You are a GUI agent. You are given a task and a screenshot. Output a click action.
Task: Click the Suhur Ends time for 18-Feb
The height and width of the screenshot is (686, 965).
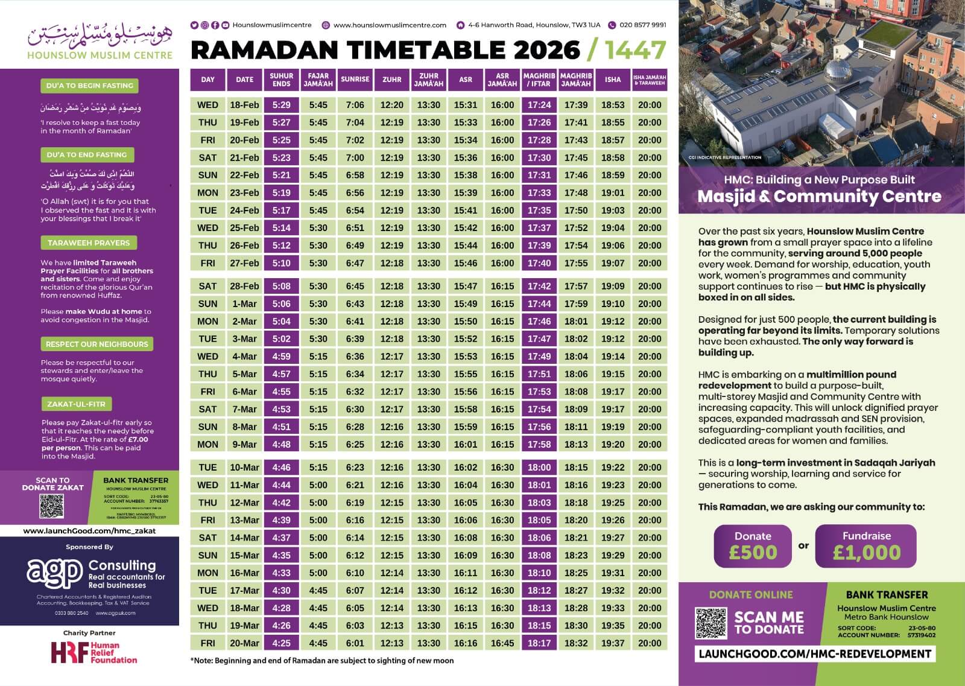pyautogui.click(x=281, y=105)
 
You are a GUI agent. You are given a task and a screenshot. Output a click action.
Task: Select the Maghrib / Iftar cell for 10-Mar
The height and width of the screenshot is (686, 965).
pyautogui.click(x=539, y=468)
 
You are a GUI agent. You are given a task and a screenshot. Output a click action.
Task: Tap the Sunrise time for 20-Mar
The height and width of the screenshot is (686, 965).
pyautogui.click(x=355, y=643)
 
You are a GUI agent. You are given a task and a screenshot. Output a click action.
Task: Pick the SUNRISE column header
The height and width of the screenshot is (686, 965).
pyautogui.click(x=355, y=80)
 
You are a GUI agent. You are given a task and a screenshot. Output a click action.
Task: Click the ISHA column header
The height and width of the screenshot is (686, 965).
pyautogui.click(x=613, y=80)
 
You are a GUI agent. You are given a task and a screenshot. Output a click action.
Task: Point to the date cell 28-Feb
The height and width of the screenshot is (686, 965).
pyautogui.click(x=244, y=287)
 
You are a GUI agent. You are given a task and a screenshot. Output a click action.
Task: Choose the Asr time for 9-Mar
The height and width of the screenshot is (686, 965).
pyautogui.click(x=466, y=445)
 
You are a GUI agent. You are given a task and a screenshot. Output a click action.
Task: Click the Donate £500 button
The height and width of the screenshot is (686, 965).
pyautogui.click(x=753, y=545)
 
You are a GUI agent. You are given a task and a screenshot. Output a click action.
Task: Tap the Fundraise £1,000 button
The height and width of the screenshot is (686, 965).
pyautogui.click(x=866, y=545)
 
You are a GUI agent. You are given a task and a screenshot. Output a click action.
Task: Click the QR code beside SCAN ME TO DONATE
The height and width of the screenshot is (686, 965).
pyautogui.click(x=712, y=623)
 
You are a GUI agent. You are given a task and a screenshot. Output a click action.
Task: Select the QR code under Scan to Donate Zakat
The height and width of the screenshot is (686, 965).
pyautogui.click(x=51, y=506)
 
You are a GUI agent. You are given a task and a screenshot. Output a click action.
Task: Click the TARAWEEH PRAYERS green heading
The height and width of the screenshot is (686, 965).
pyautogui.click(x=89, y=243)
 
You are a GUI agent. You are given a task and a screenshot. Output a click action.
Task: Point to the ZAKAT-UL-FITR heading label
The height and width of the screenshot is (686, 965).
pyautogui.click(x=77, y=404)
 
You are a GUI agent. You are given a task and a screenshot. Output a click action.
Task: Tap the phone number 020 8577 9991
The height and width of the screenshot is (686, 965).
pyautogui.click(x=642, y=25)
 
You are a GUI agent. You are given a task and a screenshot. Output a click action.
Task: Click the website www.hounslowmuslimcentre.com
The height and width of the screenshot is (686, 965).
pyautogui.click(x=390, y=25)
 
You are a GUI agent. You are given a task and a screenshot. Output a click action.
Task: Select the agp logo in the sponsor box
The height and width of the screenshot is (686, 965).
pyautogui.click(x=54, y=571)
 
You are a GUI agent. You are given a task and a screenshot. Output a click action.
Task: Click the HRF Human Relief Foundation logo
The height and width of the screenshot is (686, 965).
pyautogui.click(x=93, y=653)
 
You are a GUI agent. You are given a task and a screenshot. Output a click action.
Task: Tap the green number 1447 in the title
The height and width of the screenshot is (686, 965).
pyautogui.click(x=636, y=51)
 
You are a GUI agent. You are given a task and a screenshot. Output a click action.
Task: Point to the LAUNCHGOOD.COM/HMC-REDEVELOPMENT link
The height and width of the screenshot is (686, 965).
pyautogui.click(x=815, y=654)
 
